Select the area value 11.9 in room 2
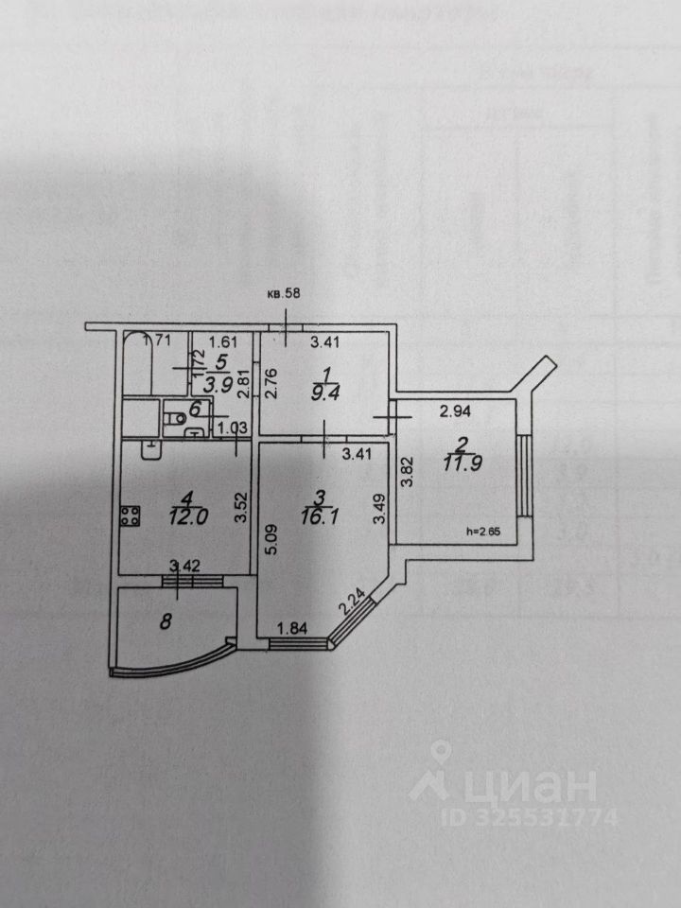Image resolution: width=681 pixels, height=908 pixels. point(462,463)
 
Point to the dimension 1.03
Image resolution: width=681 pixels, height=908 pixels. point(234,428)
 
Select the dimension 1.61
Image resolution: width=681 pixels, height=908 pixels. point(222,342)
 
